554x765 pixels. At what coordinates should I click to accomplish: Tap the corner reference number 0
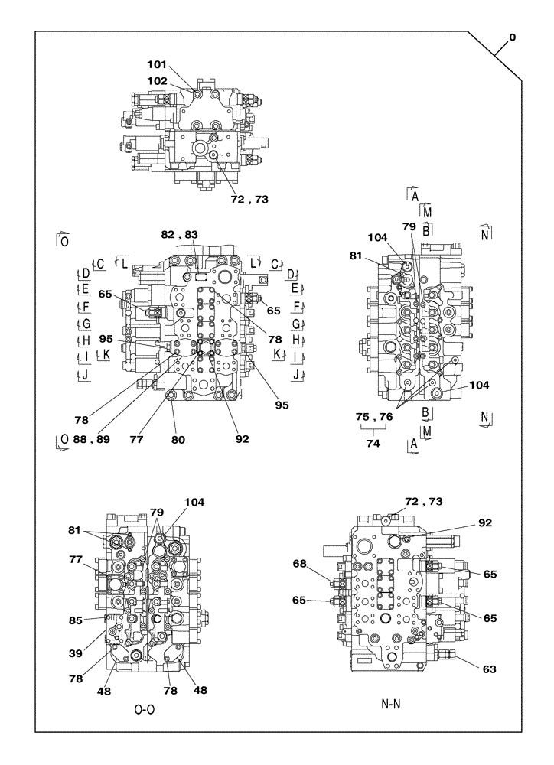[512, 37]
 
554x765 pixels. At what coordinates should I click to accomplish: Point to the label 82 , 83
[179, 234]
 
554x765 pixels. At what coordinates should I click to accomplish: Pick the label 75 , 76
[374, 416]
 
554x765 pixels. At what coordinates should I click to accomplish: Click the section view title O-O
[145, 710]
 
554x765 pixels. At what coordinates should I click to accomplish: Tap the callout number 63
[489, 669]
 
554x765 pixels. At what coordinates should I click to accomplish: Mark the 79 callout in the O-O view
[156, 512]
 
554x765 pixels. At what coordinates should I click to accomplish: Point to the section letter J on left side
[85, 375]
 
